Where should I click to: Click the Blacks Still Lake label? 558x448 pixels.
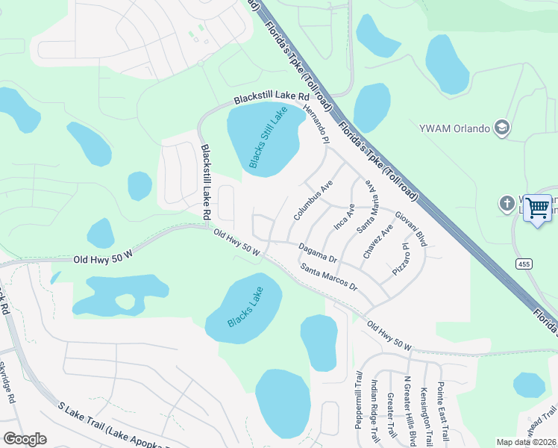(x=268, y=137)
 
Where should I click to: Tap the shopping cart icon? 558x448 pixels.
(x=537, y=208)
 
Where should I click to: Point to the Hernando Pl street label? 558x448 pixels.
(x=316, y=124)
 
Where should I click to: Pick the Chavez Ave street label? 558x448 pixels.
(x=377, y=240)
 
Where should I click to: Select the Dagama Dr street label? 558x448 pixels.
(x=318, y=253)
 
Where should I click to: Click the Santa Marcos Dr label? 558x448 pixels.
(x=329, y=278)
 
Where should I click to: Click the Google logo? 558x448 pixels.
(x=25, y=439)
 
